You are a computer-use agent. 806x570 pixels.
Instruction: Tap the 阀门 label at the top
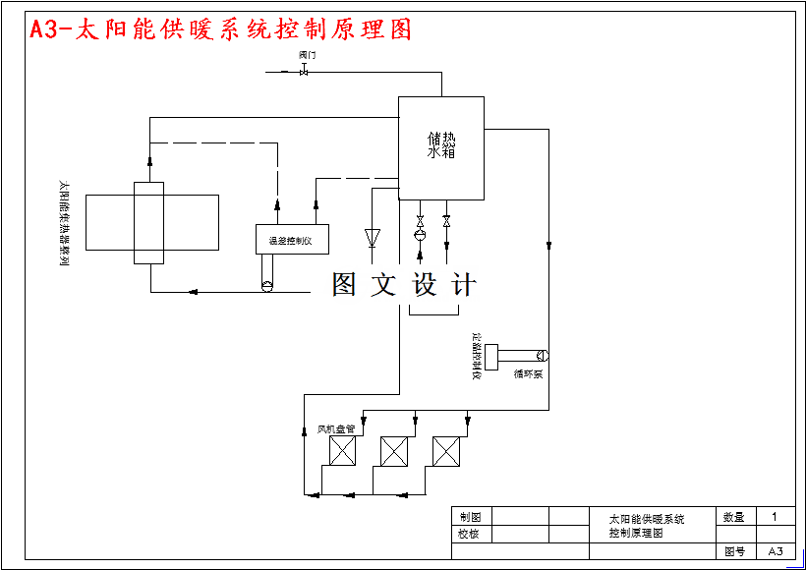pos(308,56)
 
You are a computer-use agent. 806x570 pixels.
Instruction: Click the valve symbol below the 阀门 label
pos(304,71)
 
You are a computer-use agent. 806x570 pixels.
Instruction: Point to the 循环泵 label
pos(528,374)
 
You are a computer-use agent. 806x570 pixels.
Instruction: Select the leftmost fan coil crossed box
pos(342,451)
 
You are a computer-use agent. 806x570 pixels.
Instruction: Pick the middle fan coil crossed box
pos(394,451)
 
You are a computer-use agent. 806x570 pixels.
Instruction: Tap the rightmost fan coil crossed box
pos(447,451)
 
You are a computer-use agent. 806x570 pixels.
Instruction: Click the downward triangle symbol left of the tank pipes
pos(373,237)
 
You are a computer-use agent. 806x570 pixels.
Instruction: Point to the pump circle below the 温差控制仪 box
pos(266,286)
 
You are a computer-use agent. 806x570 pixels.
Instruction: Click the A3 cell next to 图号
pos(776,551)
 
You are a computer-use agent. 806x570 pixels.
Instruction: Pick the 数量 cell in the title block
pos(734,517)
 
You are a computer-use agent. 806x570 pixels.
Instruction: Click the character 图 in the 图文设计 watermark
pos(344,285)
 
